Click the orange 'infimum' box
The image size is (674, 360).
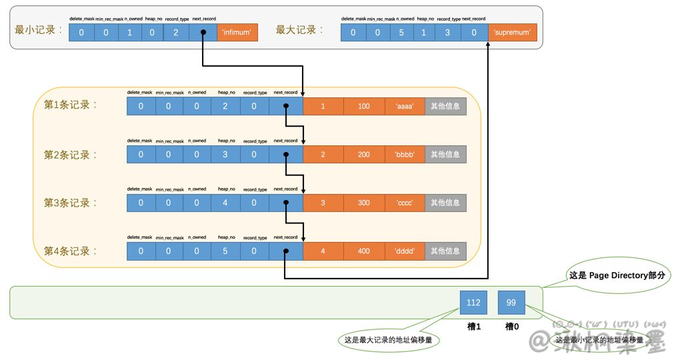pyautogui.click(x=237, y=32)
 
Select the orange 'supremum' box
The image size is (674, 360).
pyautogui.click(x=513, y=32)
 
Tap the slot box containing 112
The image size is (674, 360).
pyautogui.click(x=473, y=303)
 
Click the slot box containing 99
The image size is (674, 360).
pyautogui.click(x=511, y=303)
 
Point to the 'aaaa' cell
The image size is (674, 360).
pyautogui.click(x=405, y=106)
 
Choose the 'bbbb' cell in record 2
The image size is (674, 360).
pyautogui.click(x=405, y=155)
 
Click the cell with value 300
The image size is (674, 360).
pyautogui.click(x=364, y=203)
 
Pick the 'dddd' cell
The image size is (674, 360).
pyautogui.click(x=405, y=251)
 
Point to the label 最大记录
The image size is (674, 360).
pyautogui.click(x=300, y=31)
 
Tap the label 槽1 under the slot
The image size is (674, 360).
pyautogui.click(x=473, y=326)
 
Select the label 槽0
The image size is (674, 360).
pyautogui.click(x=511, y=326)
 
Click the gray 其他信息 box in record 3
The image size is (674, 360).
pyautogui.click(x=445, y=203)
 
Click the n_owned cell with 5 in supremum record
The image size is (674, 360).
pyautogui.click(x=401, y=32)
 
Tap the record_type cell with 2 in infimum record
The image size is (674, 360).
pyautogui.click(x=176, y=32)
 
